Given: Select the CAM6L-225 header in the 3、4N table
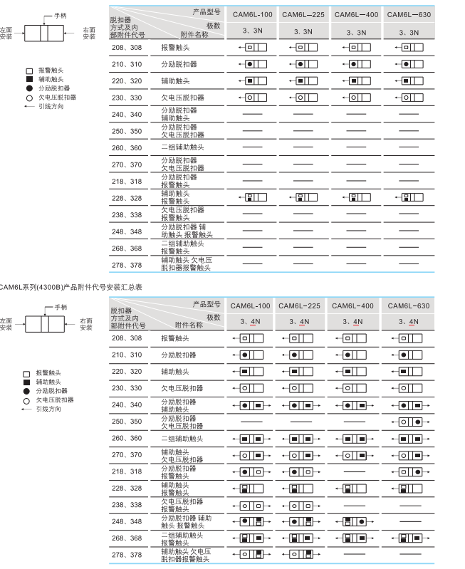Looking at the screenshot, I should [x=299, y=306].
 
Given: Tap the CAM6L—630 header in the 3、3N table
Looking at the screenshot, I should [x=409, y=14].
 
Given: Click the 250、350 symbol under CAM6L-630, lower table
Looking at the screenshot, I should [x=409, y=422].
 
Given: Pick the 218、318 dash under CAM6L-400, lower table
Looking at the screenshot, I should [x=354, y=471].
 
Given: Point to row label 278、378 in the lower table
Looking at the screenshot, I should [x=127, y=554].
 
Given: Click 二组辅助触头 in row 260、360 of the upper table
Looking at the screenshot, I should [x=182, y=147].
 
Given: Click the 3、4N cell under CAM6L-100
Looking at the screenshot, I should [x=251, y=322].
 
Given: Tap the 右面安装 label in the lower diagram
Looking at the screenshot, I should [x=86, y=324].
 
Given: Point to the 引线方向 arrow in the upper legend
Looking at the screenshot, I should [x=28, y=106].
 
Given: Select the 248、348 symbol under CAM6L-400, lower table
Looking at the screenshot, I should [x=354, y=521].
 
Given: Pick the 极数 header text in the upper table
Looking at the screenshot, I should [x=214, y=25].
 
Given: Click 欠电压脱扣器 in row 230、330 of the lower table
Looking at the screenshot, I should [x=182, y=388].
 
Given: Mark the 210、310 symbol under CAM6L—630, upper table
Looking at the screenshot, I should [x=409, y=64].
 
